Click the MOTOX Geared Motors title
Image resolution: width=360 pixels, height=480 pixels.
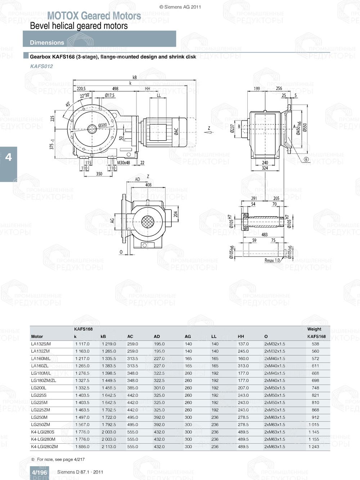[x=94, y=16]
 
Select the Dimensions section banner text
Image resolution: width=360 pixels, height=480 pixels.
[x=47, y=42]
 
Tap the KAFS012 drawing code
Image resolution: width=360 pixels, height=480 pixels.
[x=41, y=66]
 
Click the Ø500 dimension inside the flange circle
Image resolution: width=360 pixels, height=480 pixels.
[x=103, y=126]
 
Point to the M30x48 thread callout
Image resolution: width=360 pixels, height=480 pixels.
[x=123, y=163]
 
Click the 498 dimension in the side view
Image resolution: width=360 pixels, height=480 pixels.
[x=115, y=89]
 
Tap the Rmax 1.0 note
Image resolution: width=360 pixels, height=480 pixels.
[x=272, y=260]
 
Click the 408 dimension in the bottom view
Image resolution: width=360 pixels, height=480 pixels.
[x=148, y=185]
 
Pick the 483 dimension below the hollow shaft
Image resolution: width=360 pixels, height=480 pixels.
[x=264, y=235]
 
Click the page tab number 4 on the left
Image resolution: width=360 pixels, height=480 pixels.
[x=8, y=157]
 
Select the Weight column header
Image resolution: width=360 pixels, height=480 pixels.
[x=314, y=329]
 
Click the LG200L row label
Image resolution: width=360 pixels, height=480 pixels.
[x=39, y=388]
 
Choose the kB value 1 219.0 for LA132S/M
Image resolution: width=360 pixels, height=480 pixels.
[x=109, y=344]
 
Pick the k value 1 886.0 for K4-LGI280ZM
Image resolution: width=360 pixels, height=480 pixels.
[x=82, y=447]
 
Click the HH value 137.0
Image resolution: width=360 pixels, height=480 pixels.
[x=243, y=344]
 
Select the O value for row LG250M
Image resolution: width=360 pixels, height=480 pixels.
[x=274, y=417]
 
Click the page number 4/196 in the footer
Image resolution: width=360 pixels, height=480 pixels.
[x=39, y=472]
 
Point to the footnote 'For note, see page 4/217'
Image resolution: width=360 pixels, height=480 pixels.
[x=60, y=459]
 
